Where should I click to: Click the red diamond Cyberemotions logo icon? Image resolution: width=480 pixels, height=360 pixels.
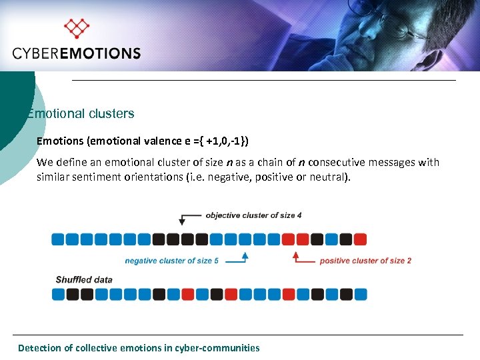click(x=76, y=28)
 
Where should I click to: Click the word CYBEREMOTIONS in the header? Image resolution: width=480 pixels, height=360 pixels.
click(x=77, y=53)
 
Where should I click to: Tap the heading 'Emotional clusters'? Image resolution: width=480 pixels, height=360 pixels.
click(x=81, y=113)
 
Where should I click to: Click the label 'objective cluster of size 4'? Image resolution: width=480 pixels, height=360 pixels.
click(x=253, y=215)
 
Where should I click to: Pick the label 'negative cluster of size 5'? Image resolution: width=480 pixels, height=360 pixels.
click(x=171, y=261)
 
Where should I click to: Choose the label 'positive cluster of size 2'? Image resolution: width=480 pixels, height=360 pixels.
click(x=365, y=261)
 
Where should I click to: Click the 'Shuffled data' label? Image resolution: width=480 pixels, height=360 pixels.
click(x=84, y=279)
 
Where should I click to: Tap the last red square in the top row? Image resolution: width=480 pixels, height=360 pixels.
click(x=360, y=239)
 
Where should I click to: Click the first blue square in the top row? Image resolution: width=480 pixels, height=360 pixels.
click(x=59, y=239)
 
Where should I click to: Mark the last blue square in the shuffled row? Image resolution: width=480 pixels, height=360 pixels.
click(x=360, y=294)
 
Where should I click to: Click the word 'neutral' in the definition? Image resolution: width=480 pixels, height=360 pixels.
click(x=329, y=177)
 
